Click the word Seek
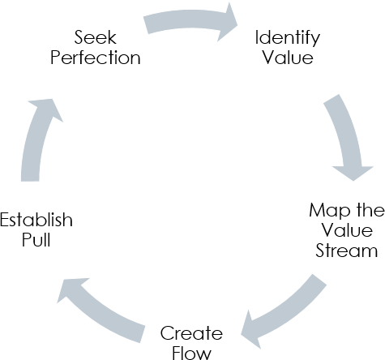pos(96,38)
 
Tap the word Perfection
pos(96,58)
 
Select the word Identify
pos(287,38)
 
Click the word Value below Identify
pos(287,58)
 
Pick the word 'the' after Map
pos(369,211)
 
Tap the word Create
pos(190,332)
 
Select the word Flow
pos(190,352)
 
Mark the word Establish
pos(36,221)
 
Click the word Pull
pos(36,241)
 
